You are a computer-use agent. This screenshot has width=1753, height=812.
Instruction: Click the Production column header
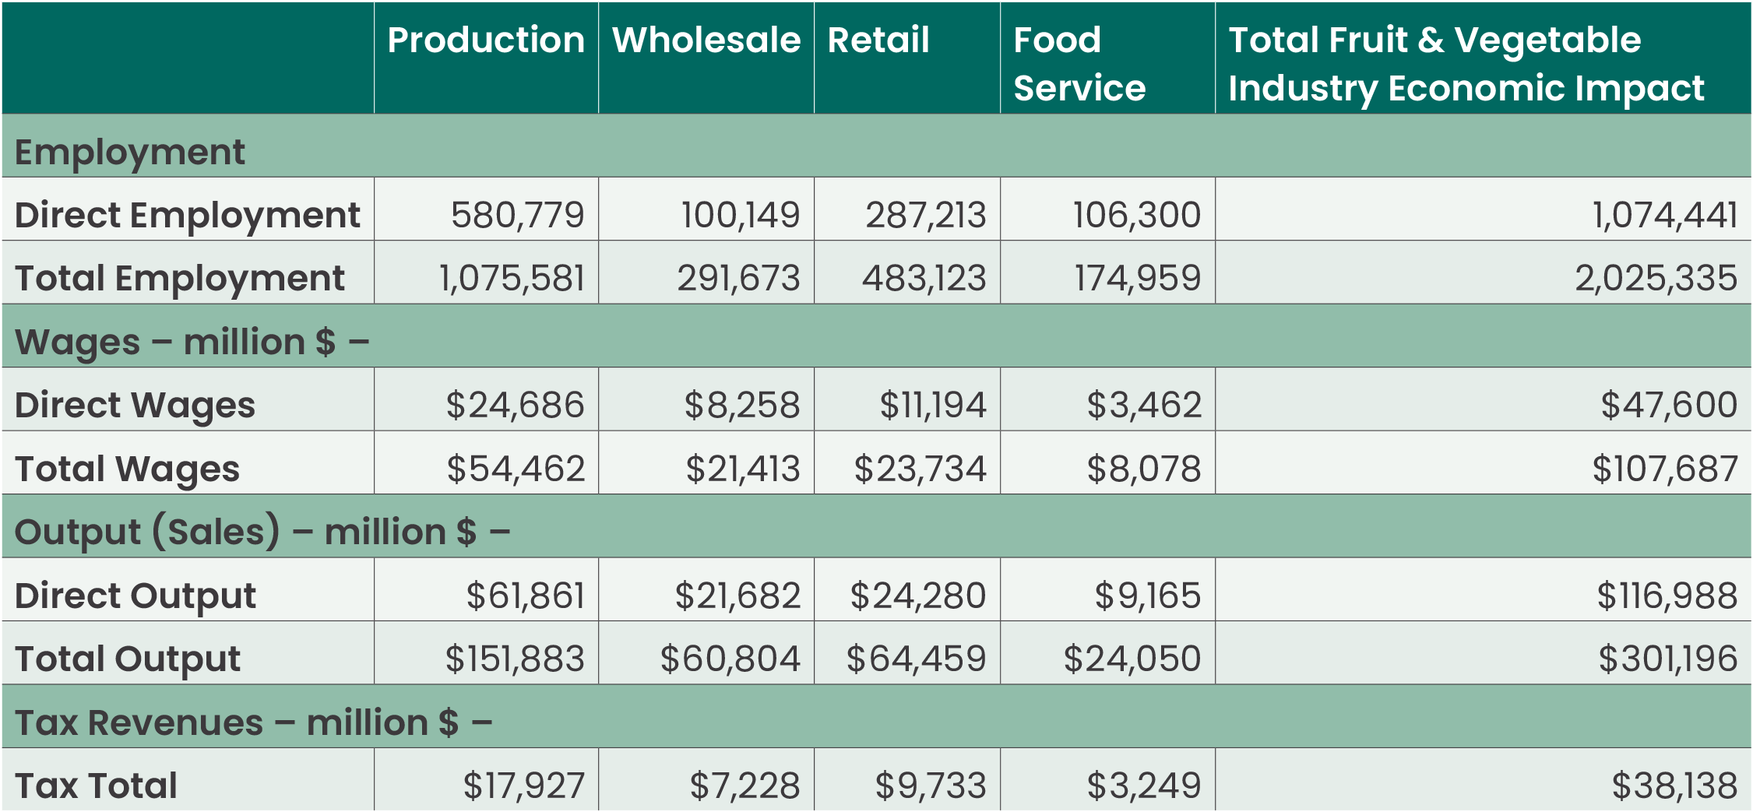point(486,40)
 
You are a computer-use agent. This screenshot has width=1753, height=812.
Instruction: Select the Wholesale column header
point(706,40)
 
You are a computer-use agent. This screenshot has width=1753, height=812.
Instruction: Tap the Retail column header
point(878,40)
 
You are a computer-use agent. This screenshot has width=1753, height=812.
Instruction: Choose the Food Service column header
point(1079,64)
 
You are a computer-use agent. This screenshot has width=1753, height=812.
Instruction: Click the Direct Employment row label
point(187,215)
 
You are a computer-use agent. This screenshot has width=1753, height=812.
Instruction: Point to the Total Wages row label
point(127,469)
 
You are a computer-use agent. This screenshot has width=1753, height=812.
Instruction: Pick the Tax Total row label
point(96,786)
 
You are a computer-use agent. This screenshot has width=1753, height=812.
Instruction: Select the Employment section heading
point(129,152)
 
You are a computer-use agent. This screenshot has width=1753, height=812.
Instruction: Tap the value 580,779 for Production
point(517,215)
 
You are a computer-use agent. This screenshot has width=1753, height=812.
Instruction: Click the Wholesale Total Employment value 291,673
point(738,278)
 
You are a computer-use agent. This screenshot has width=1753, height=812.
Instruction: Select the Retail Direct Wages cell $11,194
point(932,405)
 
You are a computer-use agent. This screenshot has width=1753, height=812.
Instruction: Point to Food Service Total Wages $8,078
point(1143,469)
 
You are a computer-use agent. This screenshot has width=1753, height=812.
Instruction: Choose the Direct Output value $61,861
point(525,596)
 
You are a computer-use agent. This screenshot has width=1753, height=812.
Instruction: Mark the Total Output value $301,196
point(1667,659)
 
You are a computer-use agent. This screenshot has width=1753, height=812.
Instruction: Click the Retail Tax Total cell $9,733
point(931,786)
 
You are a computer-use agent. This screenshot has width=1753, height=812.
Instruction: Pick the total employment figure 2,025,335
point(1656,278)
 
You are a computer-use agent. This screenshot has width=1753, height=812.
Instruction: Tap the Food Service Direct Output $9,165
point(1147,596)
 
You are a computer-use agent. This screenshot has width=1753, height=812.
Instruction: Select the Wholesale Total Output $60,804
point(730,659)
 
